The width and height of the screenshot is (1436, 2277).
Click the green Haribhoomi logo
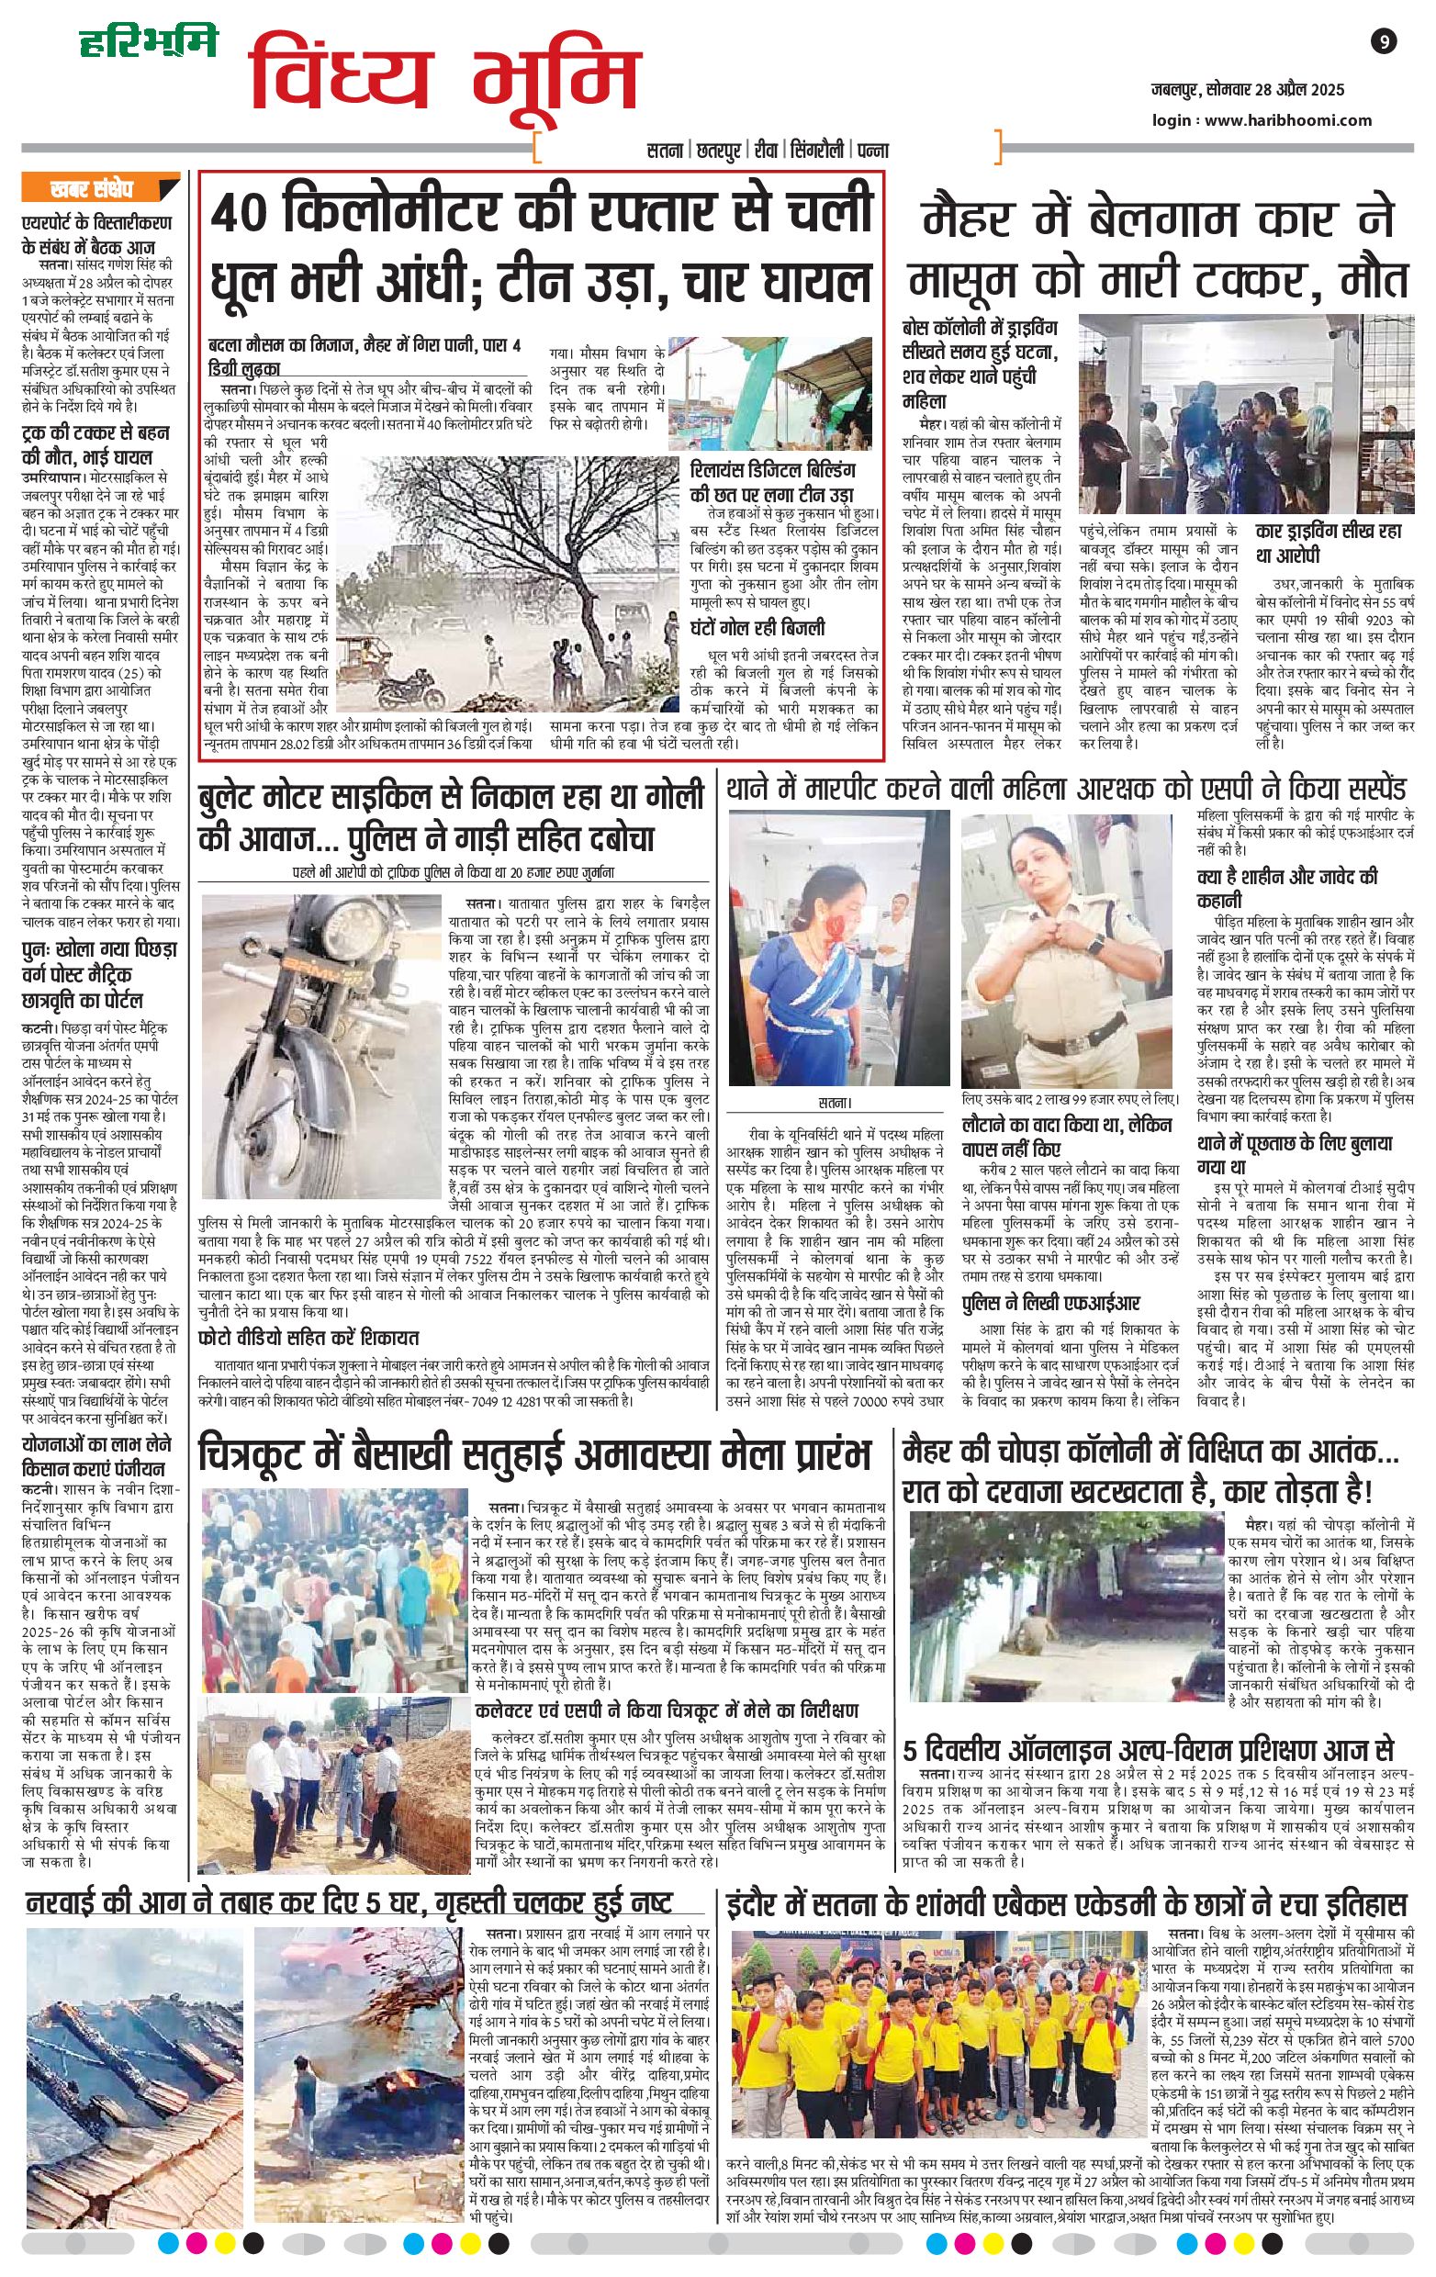coord(148,40)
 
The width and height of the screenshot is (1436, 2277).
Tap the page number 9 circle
coord(1383,41)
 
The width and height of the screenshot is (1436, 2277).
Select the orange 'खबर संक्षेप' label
coord(92,190)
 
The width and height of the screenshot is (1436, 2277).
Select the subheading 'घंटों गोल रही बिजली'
coord(757,628)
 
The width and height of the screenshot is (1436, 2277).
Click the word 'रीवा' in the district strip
coord(763,151)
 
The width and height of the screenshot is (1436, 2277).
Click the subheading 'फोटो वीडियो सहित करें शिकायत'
coord(309,1337)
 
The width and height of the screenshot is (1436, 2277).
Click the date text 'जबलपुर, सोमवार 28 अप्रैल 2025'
coord(1248,91)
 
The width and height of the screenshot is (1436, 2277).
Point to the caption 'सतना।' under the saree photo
coord(835,1102)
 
